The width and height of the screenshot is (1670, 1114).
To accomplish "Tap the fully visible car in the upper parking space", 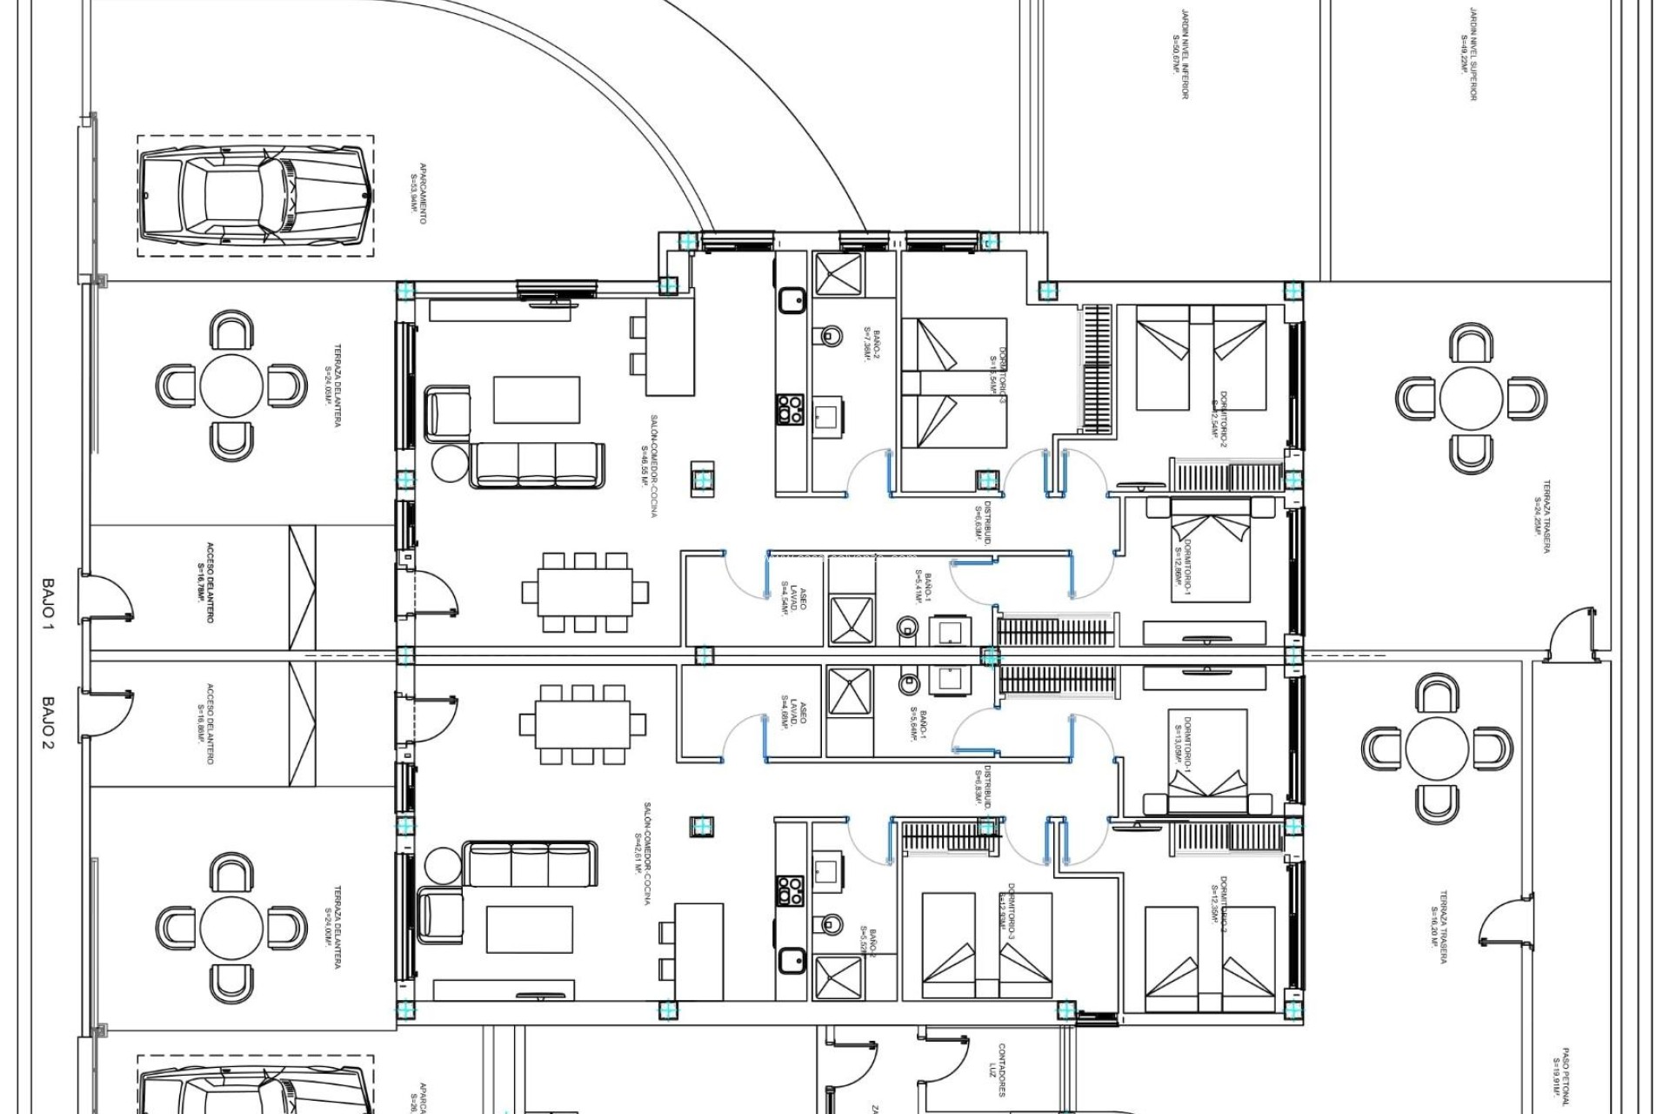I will pos(256,195).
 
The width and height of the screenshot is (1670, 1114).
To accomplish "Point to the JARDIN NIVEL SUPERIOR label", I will pos(1469,55).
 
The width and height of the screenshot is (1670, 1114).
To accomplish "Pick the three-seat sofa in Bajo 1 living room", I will pos(538,465).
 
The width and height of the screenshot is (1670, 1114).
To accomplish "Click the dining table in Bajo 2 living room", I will pos(583,724).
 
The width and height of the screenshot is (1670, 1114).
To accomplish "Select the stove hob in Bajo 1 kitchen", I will pos(790,409).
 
